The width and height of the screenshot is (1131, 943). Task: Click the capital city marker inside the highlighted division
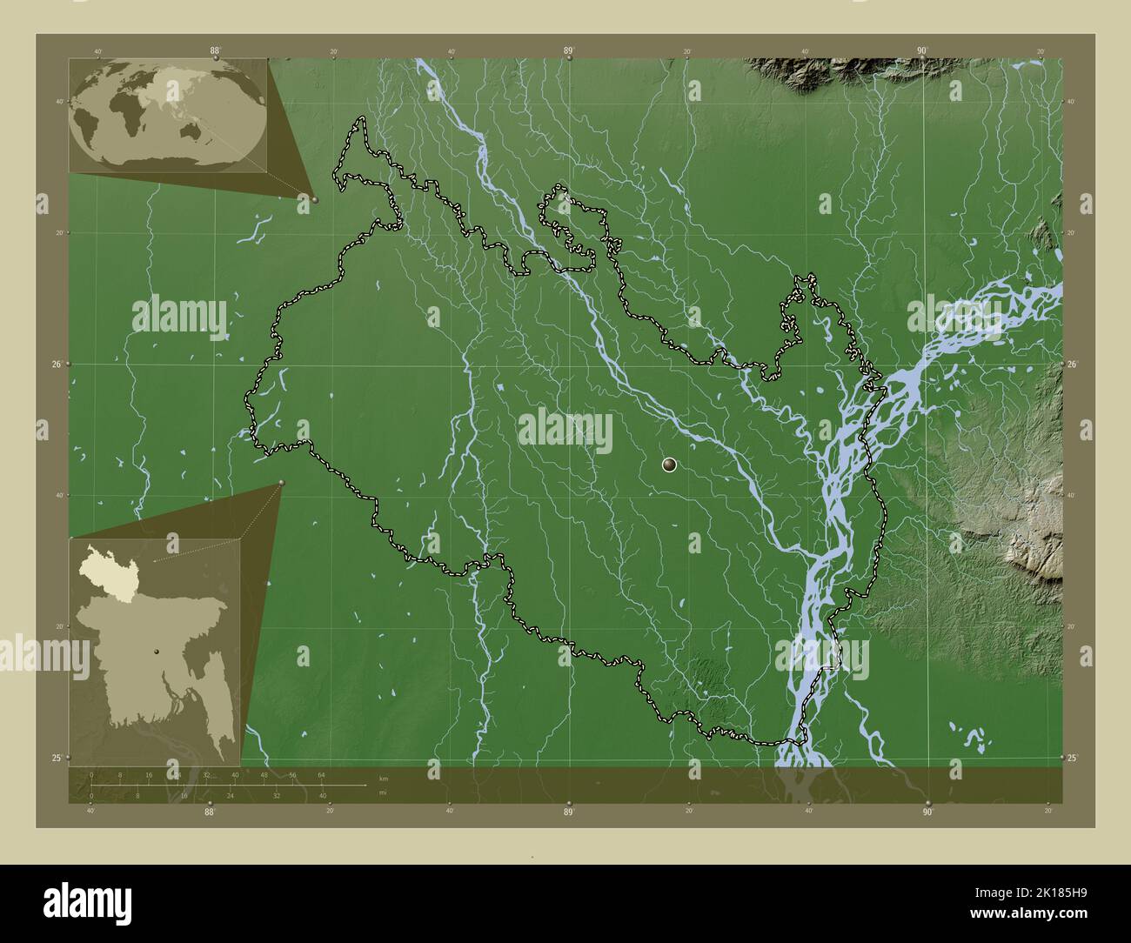click(669, 465)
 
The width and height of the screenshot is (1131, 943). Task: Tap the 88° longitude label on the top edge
click(215, 50)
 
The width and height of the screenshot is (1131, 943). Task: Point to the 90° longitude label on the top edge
click(922, 50)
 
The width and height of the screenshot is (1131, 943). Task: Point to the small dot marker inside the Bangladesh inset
click(157, 651)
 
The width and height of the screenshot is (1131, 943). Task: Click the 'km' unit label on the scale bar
click(384, 777)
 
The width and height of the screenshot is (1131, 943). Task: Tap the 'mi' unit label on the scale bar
click(383, 793)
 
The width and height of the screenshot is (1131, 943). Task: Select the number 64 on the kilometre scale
click(321, 774)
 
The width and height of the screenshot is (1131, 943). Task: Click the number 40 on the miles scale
click(323, 795)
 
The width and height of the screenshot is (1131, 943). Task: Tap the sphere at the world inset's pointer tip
click(314, 199)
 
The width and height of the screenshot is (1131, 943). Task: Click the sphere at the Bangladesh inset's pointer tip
click(282, 484)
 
